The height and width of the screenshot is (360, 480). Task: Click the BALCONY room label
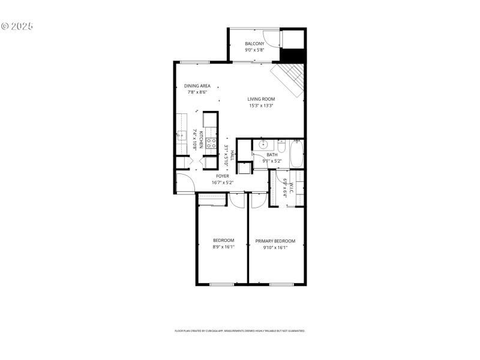(x=254, y=44)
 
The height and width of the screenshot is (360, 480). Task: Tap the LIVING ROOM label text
(x=261, y=99)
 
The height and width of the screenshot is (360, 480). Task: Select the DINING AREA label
(x=197, y=86)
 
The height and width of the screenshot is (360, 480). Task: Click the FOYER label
(x=223, y=176)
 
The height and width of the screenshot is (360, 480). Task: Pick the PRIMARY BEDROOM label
(x=275, y=241)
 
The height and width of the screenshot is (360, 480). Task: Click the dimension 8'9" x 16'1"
(x=224, y=247)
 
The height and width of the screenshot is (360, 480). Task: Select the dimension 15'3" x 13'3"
(x=261, y=106)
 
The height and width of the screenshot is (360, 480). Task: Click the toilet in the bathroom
(x=280, y=145)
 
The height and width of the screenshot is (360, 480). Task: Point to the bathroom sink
(x=262, y=145)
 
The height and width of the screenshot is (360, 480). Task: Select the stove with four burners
(x=211, y=143)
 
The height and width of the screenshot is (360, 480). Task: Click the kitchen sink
(x=181, y=136)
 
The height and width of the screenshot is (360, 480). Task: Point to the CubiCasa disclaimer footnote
(x=240, y=331)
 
